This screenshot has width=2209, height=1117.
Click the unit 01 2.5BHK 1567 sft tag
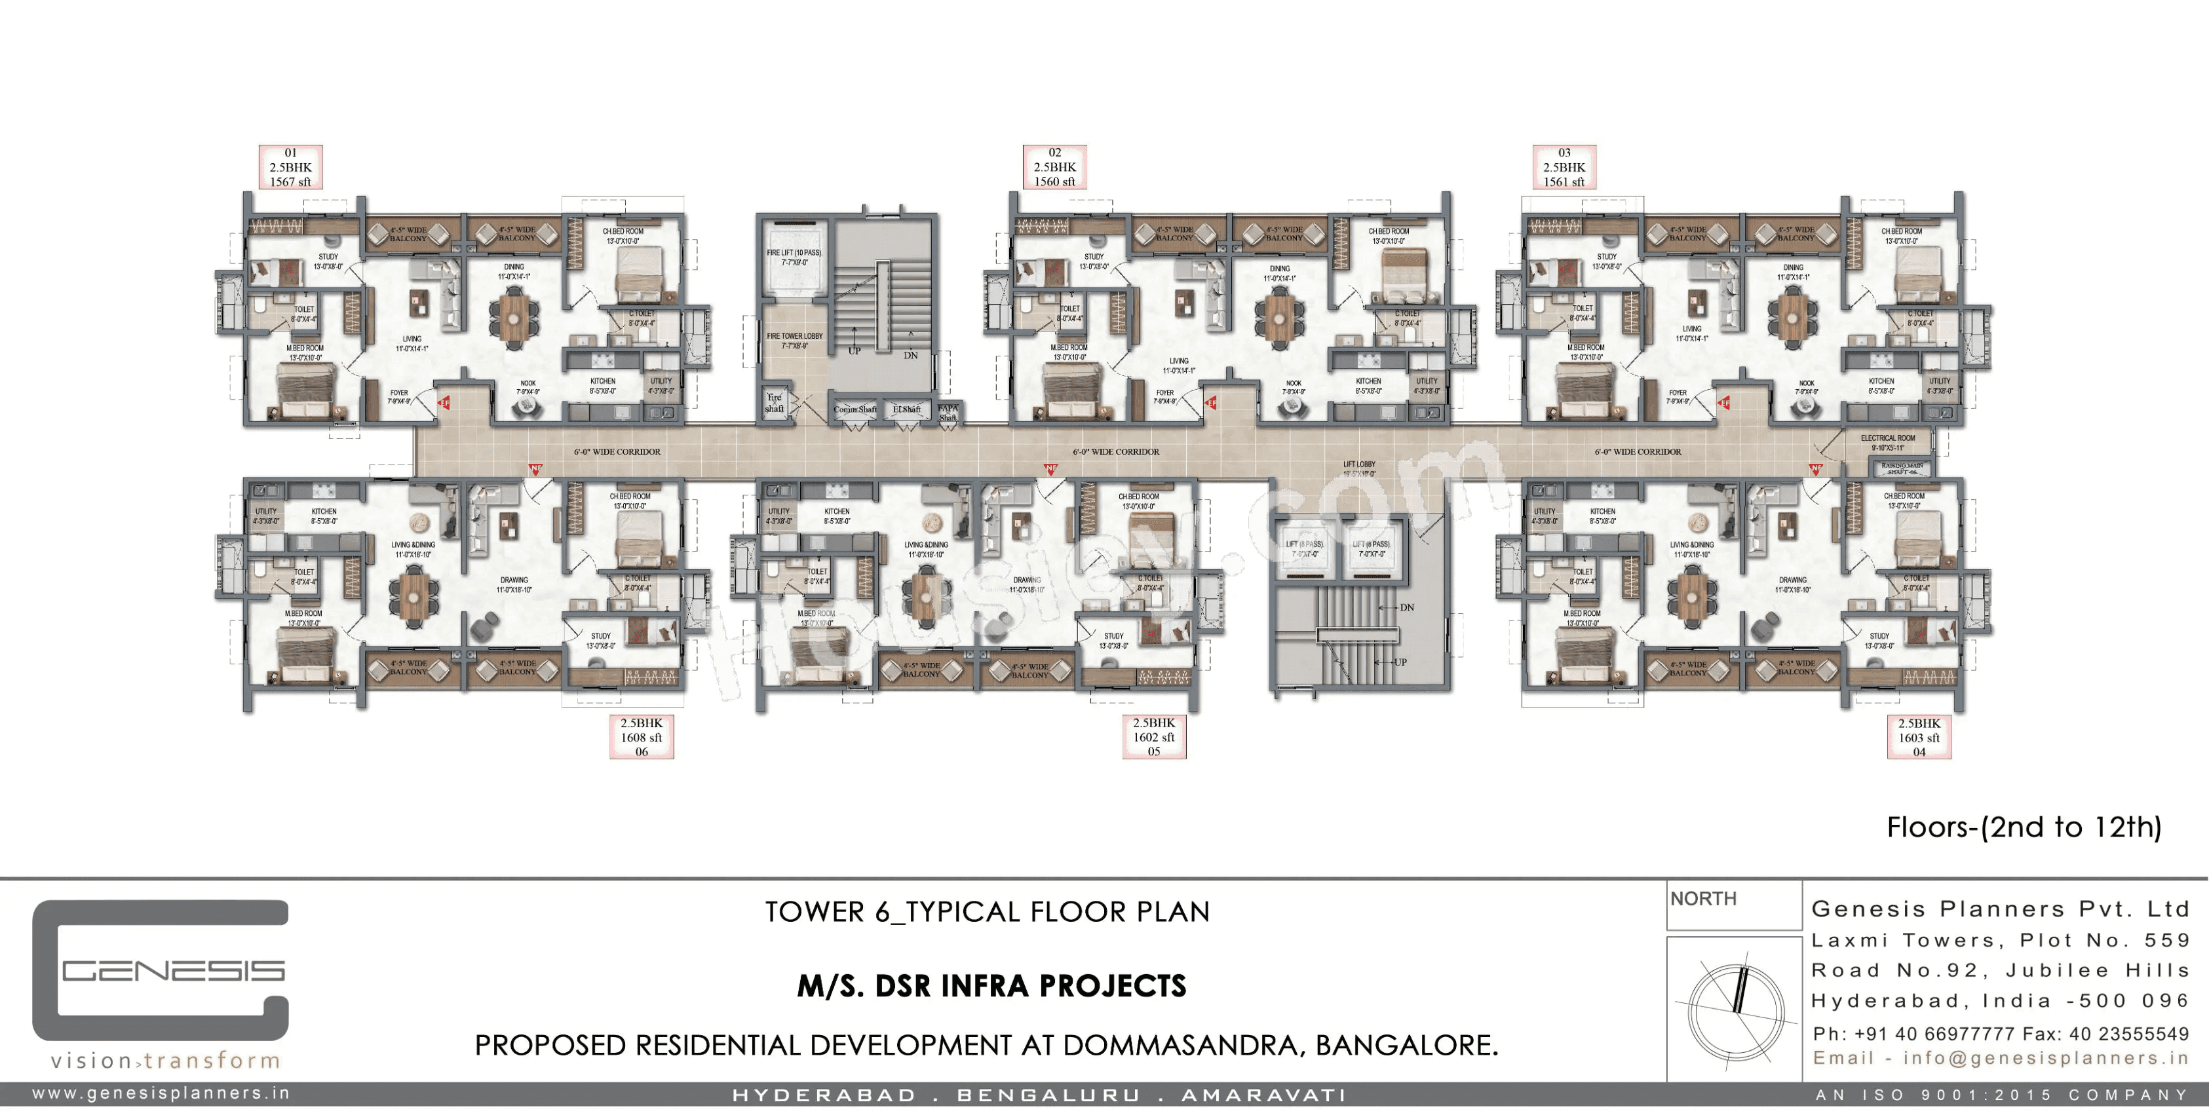tap(291, 167)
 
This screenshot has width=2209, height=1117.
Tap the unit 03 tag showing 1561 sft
tap(1564, 167)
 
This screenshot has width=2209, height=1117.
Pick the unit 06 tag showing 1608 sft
tap(642, 737)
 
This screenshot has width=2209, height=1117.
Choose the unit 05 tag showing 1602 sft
tap(1153, 737)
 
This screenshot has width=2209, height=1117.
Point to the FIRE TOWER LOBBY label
tap(794, 340)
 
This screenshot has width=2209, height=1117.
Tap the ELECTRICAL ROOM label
tap(1887, 442)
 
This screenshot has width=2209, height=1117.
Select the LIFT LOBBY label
tap(1359, 468)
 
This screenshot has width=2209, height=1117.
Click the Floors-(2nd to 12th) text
tap(2024, 827)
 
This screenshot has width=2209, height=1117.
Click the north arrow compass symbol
tap(1736, 1012)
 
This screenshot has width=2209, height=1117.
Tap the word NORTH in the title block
tap(1703, 898)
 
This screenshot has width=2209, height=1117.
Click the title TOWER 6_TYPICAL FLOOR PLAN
tap(987, 911)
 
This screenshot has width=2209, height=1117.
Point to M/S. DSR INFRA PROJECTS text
tap(991, 987)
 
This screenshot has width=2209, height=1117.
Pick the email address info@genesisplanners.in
tap(2046, 1058)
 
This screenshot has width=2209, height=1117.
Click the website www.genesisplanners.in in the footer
tap(161, 1093)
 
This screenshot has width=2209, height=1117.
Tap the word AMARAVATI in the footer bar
tap(1264, 1095)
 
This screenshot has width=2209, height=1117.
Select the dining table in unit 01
tap(514, 317)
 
